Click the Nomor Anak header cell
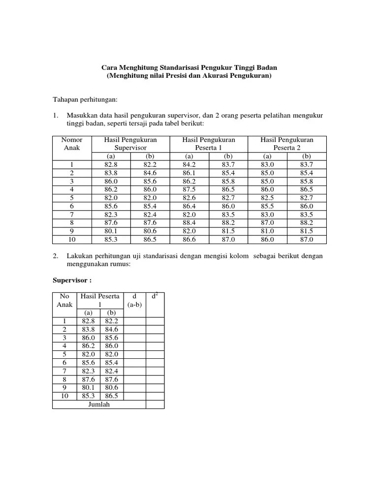coord(71,144)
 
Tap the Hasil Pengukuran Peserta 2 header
coord(287,144)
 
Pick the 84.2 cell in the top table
coord(189,164)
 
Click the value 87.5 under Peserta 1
coord(189,189)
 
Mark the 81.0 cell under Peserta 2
coord(267,231)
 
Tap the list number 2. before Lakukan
coord(57,256)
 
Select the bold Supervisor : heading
coord(72,280)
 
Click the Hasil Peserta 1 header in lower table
coord(100,300)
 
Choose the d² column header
coord(155,296)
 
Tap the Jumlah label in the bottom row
coord(98,404)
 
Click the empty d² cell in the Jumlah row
coord(155,404)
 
